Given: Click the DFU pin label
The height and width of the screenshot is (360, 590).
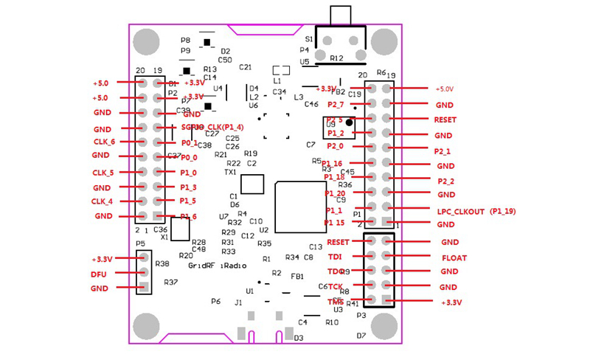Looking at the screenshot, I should pos(100,274).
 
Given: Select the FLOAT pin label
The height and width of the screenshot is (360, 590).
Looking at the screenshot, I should pos(454,258).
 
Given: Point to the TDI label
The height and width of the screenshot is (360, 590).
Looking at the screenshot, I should pos(335,257).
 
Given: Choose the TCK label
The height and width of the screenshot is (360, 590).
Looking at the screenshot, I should pos(336,286).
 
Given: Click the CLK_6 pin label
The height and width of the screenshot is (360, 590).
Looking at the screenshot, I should pos(103,142).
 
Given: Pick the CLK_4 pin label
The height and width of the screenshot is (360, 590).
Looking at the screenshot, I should pos(102,201).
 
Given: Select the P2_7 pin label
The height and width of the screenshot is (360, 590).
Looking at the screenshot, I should pos(336,105).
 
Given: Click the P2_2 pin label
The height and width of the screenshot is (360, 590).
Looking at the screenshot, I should pos(446,181).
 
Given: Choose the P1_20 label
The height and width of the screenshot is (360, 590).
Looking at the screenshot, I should pos(335,193).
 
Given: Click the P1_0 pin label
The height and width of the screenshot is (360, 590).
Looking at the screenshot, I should pos(189,173).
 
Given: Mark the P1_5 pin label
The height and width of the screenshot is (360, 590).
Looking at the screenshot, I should pos(189,201).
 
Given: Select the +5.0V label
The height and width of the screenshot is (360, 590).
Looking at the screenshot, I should pos(445,89).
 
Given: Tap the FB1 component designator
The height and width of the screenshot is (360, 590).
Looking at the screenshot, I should pos(297,276).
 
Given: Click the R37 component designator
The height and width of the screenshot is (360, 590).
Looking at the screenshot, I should pos(170,282).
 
